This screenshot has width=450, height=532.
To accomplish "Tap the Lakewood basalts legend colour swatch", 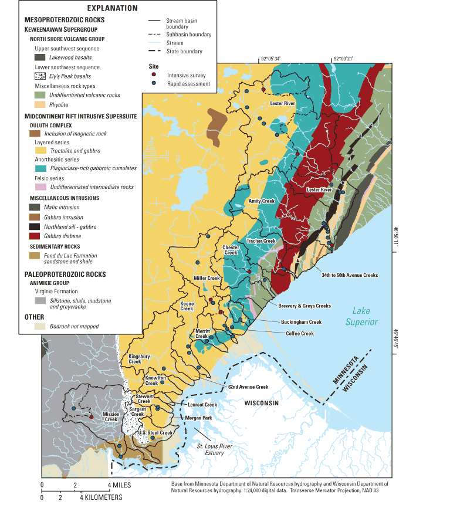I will coord(40,57).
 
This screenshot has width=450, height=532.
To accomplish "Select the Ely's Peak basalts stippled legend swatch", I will coord(40,76).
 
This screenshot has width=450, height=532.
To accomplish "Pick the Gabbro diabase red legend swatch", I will coord(40,236).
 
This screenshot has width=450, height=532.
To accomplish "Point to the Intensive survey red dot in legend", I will coord(154,75).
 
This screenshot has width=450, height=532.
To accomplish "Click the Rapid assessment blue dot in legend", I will coord(154,84).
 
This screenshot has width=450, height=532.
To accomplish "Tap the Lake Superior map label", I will coord(361,317).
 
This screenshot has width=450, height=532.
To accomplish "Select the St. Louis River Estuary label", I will coord(214,450).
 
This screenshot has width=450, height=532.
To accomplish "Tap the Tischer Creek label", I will coord(261,240).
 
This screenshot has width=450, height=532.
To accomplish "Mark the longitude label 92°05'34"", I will coord(271,59).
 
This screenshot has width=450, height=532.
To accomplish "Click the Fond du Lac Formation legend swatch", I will coord(40,256).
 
